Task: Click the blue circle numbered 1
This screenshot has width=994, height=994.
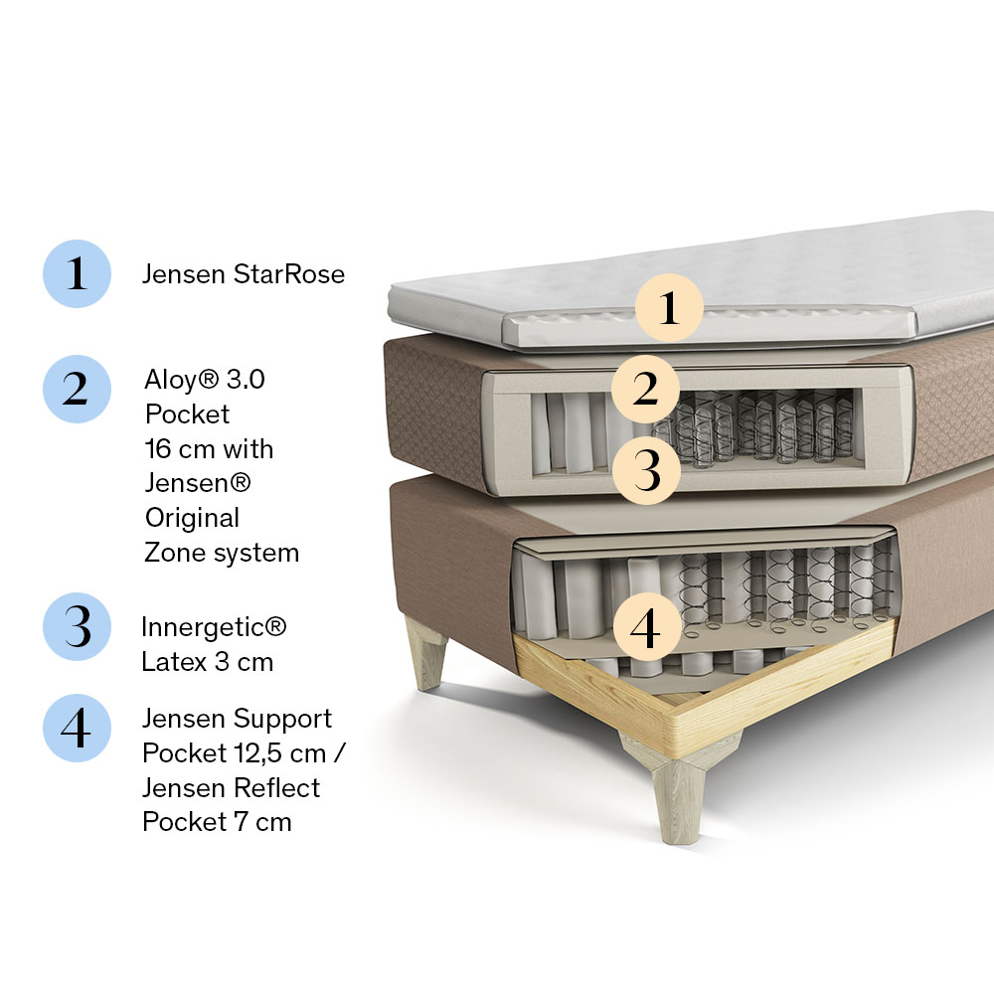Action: [x=77, y=274]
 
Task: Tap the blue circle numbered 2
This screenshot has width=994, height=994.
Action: [x=77, y=390]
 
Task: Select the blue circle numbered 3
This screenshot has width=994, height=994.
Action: [x=77, y=627]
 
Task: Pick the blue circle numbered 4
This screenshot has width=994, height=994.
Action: [x=77, y=729]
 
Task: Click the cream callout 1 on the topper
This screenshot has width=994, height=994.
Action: [x=669, y=307]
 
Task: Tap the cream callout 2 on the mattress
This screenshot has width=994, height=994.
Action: [x=645, y=389]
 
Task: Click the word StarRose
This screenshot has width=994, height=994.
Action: [x=289, y=274]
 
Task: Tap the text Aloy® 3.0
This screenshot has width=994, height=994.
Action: [x=205, y=380]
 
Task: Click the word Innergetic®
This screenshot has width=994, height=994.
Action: [x=214, y=627]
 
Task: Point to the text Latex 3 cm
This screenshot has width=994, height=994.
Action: [x=208, y=662]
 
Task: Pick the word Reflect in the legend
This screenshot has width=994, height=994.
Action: [x=276, y=788]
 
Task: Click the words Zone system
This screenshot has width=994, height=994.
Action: [x=222, y=553]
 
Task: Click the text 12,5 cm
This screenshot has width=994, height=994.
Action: [x=280, y=753]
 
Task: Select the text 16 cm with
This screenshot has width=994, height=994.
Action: [x=209, y=449]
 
